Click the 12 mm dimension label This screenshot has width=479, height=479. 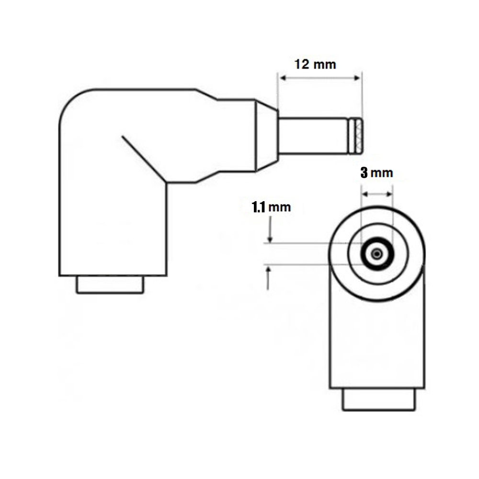[x=315, y=64]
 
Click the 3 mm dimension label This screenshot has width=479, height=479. [x=376, y=173]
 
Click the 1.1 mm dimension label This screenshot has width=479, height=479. [x=271, y=207]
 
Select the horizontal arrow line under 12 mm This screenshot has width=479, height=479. [x=319, y=77]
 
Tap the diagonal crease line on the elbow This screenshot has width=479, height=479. [x=144, y=159]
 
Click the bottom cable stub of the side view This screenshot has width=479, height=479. [x=110, y=285]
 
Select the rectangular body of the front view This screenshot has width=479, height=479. [x=377, y=345]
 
